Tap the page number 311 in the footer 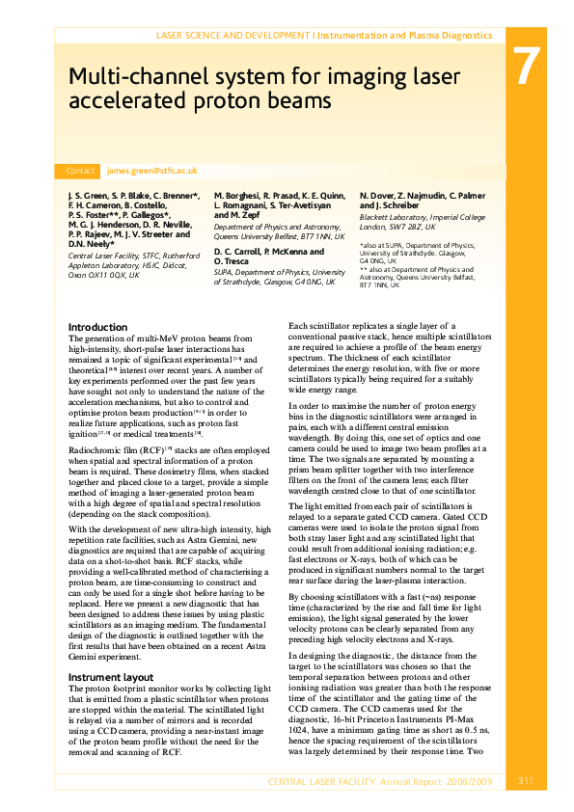click(526, 781)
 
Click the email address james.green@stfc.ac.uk click(152, 170)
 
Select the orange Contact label click(80, 171)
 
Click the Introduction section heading click(97, 327)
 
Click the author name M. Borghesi click(237, 196)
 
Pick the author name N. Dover click(377, 196)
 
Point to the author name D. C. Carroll click(239, 252)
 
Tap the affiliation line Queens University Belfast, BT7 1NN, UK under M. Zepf click(279, 235)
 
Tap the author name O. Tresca click(232, 261)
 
